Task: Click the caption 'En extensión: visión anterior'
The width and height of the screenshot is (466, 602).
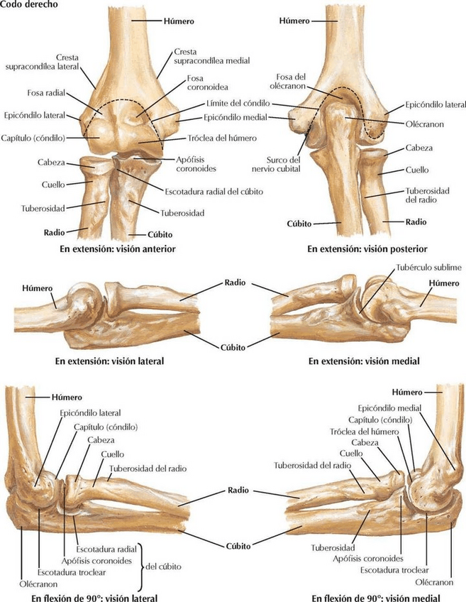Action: [118, 249]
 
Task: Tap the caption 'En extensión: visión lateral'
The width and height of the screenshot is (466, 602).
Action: [109, 361]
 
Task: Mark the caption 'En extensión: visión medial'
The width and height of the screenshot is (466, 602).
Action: [364, 361]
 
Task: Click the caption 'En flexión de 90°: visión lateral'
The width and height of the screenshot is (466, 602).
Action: [94, 597]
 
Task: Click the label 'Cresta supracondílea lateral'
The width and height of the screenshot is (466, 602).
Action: [47, 61]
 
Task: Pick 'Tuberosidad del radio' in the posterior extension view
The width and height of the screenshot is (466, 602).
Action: [425, 195]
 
